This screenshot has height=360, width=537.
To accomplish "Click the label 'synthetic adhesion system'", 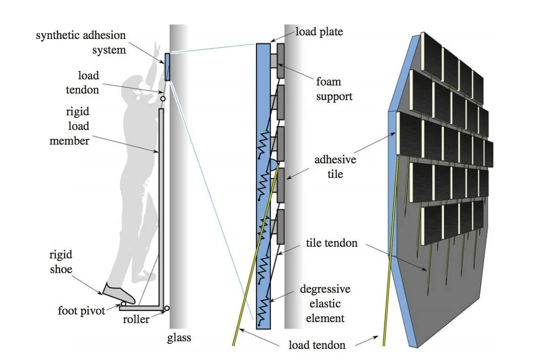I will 81,43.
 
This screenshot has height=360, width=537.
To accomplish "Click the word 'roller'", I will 136,320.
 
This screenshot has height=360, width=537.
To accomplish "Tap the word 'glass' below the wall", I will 180,337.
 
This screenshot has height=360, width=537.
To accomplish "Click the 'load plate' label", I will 319,32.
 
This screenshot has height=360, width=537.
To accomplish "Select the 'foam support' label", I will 334,88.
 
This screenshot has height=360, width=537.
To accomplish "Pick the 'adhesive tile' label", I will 335,167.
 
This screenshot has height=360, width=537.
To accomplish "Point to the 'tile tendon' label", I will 332,243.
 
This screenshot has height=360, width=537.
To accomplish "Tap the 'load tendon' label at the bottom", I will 317,345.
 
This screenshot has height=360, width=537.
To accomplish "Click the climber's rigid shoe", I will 119,293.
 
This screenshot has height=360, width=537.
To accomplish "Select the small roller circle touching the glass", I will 167,307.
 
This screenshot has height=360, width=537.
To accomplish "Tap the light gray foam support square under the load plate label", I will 273,61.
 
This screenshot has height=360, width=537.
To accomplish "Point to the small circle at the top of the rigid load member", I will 163,99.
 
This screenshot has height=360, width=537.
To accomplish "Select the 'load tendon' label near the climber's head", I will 88,82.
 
